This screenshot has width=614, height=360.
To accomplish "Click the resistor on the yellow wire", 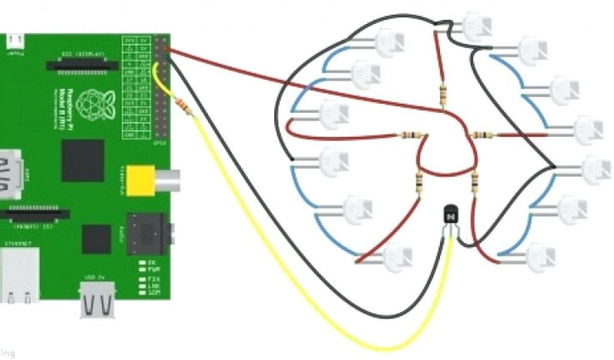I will pos(185,107).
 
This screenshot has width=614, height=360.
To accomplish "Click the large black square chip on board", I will pos(83,160).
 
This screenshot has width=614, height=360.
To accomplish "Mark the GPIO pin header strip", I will pos(161,86).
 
